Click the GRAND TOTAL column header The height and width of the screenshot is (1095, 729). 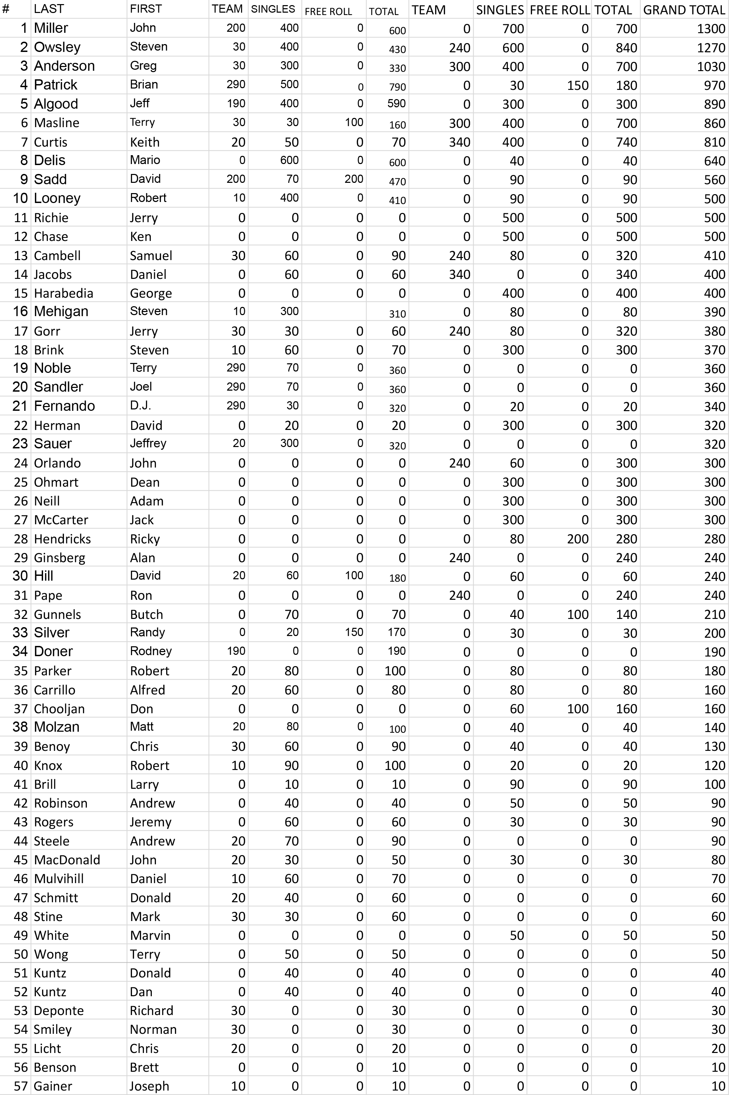tap(684, 10)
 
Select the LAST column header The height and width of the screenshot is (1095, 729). tap(49, 9)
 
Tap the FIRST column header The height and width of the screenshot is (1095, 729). tap(146, 9)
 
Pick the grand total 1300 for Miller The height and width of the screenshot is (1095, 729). tap(711, 29)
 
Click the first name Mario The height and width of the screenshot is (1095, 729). tap(145, 160)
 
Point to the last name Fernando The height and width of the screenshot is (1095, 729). tap(64, 406)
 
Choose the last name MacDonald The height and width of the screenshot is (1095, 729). tap(67, 860)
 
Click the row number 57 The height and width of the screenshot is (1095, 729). tap(21, 1086)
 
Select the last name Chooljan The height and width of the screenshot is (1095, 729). tap(59, 708)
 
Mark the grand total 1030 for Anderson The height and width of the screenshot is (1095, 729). tap(711, 66)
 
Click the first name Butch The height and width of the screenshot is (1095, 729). tap(146, 614)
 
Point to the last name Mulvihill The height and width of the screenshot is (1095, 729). tap(58, 879)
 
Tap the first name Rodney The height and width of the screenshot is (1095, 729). tap(151, 651)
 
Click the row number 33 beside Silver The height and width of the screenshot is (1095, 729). tap(20, 632)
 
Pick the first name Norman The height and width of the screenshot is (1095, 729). tap(153, 1029)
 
